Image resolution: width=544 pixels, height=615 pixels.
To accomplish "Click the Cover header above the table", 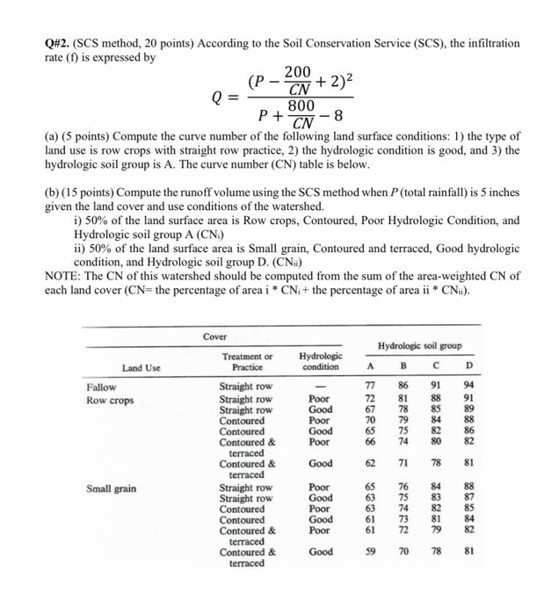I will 214,336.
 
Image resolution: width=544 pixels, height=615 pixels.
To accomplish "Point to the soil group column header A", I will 370,368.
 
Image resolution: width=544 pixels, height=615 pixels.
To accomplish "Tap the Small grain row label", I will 111,488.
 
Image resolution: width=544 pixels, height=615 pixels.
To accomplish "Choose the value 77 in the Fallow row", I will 370,386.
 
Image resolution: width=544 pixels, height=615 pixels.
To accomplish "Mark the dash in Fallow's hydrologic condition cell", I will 320,386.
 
